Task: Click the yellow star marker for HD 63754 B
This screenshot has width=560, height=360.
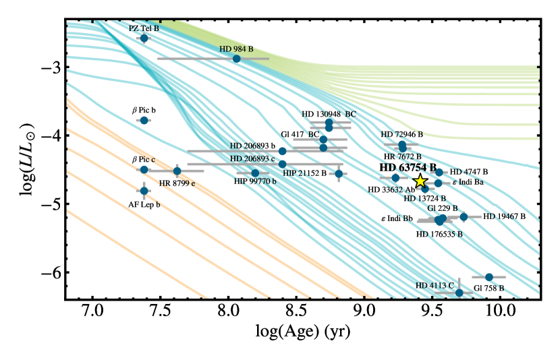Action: coord(420,181)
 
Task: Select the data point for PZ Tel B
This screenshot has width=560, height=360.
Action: coord(144,38)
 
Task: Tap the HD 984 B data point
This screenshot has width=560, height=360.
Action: coord(236,59)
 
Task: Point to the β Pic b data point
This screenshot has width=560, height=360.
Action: coord(144,120)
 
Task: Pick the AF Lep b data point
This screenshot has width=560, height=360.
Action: coord(144,191)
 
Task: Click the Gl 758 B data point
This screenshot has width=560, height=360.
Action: coord(489,277)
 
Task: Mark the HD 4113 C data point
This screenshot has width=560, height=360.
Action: coord(459,293)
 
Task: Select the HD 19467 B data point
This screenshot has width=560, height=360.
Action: coord(464,216)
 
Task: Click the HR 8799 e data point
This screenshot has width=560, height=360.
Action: coord(177,171)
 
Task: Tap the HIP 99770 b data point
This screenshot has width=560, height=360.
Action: coord(255,173)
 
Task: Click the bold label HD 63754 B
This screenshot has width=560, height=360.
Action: coord(408,167)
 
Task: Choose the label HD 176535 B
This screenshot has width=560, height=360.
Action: coord(439,235)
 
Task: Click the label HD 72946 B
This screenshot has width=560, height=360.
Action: coord(401,135)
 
